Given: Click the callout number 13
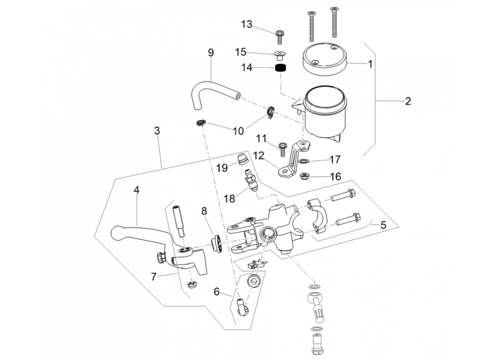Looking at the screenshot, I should (x=247, y=24).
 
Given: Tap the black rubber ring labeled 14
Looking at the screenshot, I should (x=281, y=69).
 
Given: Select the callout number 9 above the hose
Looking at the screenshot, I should (x=211, y=52).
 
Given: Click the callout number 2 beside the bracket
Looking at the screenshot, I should (x=408, y=101).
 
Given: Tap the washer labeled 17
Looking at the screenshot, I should (x=305, y=160).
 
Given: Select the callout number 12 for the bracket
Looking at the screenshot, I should (x=258, y=156).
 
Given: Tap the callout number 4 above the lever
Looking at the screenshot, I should (x=136, y=190).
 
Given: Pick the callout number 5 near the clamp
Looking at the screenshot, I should (x=383, y=225).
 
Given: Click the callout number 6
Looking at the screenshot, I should (x=216, y=292).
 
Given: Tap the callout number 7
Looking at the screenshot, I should (x=154, y=277).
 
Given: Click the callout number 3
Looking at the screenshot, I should (x=157, y=131).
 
